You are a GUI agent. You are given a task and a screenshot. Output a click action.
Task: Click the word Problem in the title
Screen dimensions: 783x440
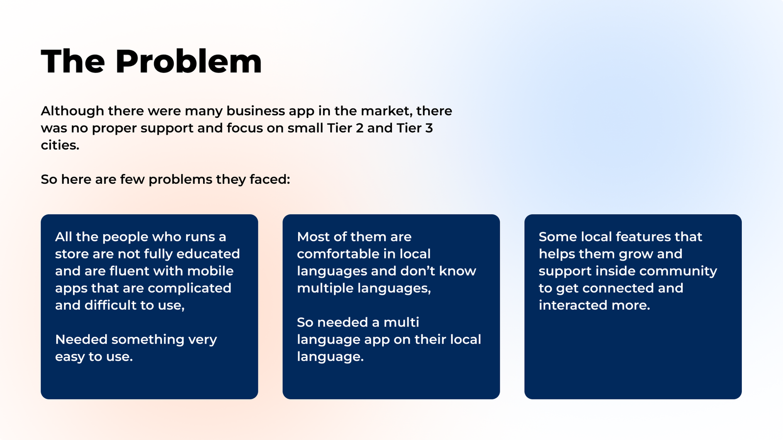(x=188, y=62)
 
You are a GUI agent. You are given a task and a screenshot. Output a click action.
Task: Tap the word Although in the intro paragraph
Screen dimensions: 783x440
(x=72, y=111)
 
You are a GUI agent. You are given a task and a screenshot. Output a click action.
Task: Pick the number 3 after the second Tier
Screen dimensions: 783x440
(x=429, y=128)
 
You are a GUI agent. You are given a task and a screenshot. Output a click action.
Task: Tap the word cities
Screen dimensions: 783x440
(x=60, y=145)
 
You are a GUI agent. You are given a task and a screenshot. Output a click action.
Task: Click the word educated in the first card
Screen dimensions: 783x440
(x=208, y=254)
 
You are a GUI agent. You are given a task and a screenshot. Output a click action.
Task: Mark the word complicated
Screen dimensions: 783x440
(x=189, y=288)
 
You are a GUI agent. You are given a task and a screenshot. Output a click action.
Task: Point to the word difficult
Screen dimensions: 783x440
(x=110, y=305)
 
